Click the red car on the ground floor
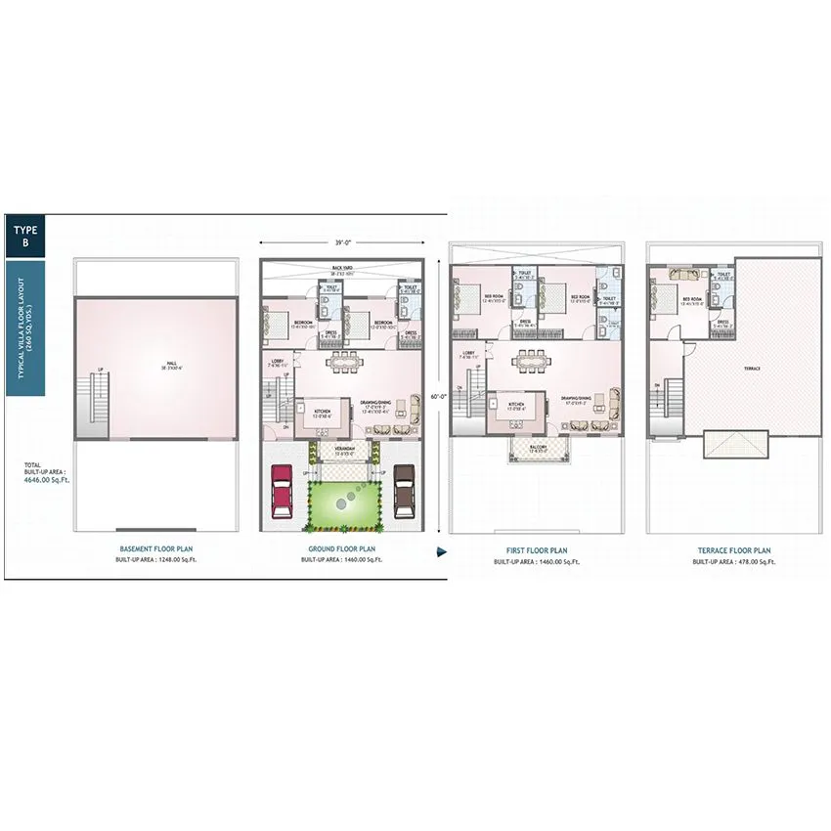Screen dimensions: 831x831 click(281, 491)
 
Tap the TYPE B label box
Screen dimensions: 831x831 click(24, 236)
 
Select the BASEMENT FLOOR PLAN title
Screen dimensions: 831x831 click(156, 549)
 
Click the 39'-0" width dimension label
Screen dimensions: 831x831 click(341, 242)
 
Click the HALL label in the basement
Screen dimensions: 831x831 click(171, 364)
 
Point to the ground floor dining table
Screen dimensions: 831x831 click(344, 364)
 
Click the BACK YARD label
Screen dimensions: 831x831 click(342, 267)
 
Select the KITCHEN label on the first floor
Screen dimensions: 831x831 click(516, 404)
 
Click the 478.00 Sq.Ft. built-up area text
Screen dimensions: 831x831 click(734, 563)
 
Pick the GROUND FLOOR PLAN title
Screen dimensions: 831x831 click(342, 549)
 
